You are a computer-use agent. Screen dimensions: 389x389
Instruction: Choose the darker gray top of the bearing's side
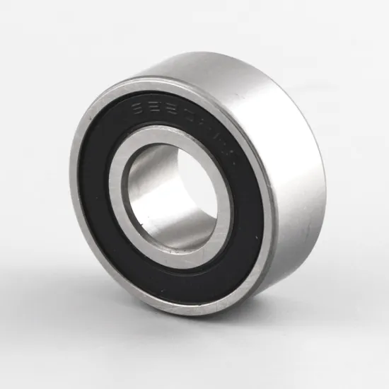(233, 71)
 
